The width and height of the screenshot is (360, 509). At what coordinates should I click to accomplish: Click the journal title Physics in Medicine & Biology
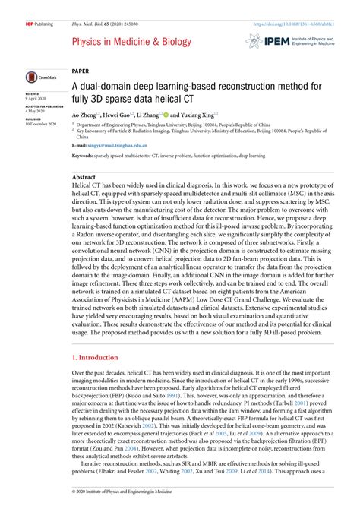click(x=132, y=41)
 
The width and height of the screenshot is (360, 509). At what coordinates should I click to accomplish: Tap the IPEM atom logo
click(x=254, y=42)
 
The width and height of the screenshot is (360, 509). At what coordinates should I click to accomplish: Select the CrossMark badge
click(x=37, y=78)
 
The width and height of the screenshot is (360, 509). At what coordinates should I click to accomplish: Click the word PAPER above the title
click(x=81, y=68)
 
